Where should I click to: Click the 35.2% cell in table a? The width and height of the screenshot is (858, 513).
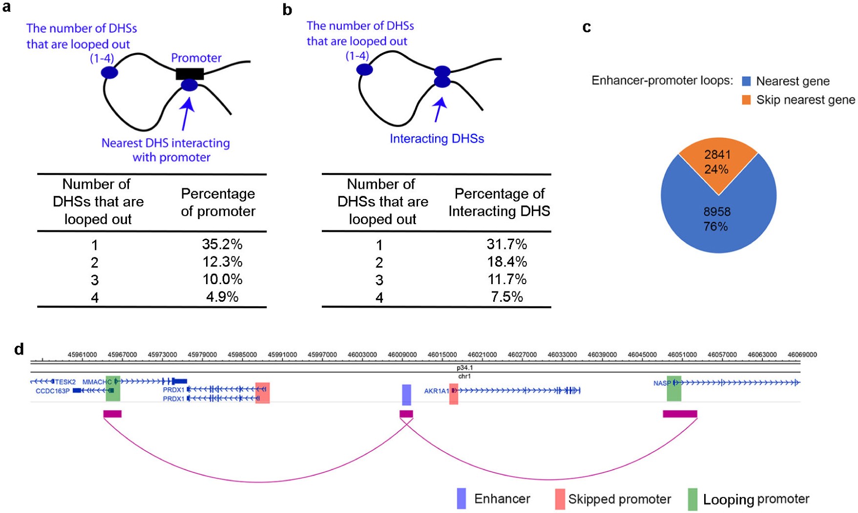click(222, 244)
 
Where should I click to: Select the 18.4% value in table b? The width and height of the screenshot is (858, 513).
click(506, 262)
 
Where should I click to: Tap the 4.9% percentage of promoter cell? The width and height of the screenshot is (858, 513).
click(222, 297)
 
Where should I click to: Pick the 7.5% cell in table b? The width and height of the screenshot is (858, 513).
click(506, 297)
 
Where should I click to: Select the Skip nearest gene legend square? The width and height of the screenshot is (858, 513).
click(746, 100)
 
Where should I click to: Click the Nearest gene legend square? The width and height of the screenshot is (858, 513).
click(746, 81)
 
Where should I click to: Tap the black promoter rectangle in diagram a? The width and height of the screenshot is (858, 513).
click(189, 74)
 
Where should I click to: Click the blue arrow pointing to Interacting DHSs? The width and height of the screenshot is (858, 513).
click(439, 110)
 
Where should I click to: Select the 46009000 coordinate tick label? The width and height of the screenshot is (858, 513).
click(402, 355)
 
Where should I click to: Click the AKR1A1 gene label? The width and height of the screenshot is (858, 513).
click(436, 391)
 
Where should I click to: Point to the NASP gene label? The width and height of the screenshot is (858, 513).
click(662, 383)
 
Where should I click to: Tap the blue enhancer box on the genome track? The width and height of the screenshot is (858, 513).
click(406, 395)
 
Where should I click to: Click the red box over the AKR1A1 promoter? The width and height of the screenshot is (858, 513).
click(454, 394)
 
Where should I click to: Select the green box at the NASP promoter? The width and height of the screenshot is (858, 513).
click(674, 389)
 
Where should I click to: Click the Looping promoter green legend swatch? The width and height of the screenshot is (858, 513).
click(692, 499)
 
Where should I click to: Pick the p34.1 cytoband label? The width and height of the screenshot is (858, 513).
click(464, 368)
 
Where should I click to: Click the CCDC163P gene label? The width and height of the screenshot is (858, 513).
click(52, 391)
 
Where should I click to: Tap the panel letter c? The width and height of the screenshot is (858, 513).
click(586, 27)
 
